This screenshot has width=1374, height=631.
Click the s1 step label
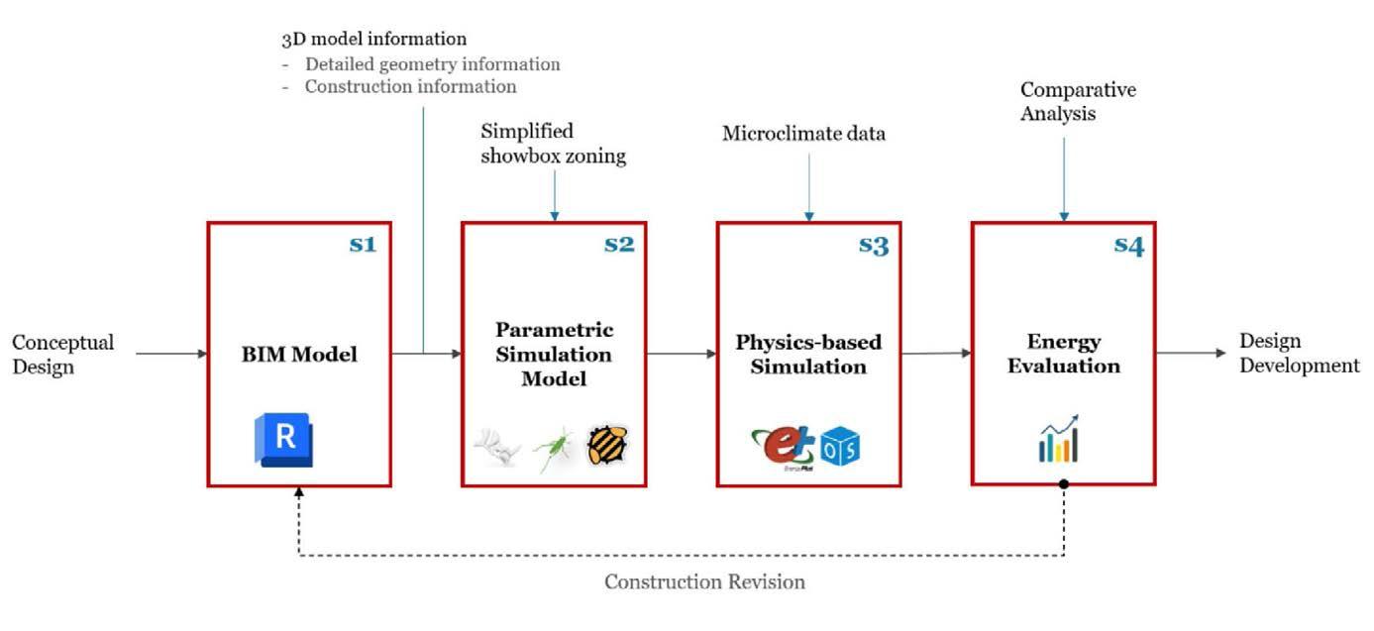tap(363, 243)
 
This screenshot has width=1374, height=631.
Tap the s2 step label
tap(619, 243)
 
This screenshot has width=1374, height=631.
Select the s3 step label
tap(874, 245)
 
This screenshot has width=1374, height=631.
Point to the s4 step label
tap(1128, 245)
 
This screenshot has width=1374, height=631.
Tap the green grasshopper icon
tap(553, 447)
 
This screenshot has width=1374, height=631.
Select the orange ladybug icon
tap(607, 446)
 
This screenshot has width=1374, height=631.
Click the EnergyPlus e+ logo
tap(783, 444)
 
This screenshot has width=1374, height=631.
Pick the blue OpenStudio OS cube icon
tap(840, 448)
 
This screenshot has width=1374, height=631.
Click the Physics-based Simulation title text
tap(808, 354)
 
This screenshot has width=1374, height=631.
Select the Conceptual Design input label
tap(62, 354)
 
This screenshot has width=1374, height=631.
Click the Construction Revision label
tap(704, 581)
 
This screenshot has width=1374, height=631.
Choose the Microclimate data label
tap(803, 134)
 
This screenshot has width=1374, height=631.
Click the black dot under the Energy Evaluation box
tap(1063, 484)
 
